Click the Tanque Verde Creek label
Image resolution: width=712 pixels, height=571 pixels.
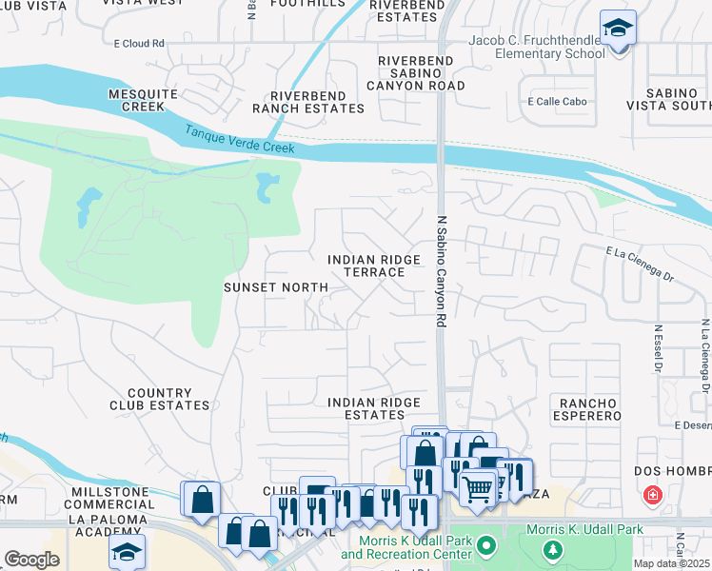(x=240, y=141)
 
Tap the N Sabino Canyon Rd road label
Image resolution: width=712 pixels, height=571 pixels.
(x=442, y=271)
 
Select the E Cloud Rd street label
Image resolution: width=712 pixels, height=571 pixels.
(x=139, y=44)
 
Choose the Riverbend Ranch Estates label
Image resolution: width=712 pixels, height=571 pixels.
(x=317, y=102)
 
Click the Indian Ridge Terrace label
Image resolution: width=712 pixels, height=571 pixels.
(x=366, y=266)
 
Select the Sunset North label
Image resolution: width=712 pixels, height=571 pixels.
(x=275, y=286)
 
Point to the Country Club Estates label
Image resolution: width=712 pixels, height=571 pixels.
(x=168, y=399)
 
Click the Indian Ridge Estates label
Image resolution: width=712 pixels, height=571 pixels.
(x=373, y=408)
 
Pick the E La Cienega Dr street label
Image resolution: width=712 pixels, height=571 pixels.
(x=640, y=251)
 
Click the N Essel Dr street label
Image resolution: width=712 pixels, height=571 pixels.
(x=657, y=349)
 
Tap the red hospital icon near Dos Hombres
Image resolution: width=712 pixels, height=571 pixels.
(x=653, y=495)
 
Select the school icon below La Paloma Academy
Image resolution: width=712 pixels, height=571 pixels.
(x=127, y=551)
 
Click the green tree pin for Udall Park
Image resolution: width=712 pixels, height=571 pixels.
(x=551, y=549)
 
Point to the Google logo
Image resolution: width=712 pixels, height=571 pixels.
(x=31, y=560)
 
